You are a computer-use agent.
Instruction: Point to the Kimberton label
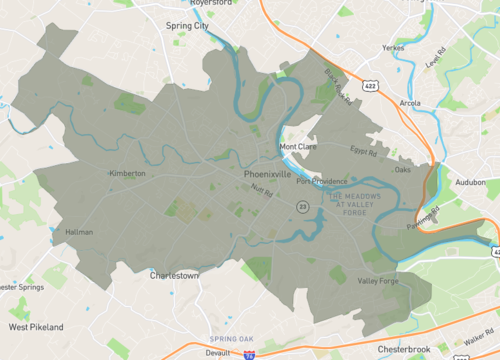coord(127,173)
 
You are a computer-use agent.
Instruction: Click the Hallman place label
coord(79,232)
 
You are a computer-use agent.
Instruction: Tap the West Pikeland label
coord(36,327)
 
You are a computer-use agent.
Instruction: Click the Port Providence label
coord(316,181)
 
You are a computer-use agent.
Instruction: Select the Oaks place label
coord(403,170)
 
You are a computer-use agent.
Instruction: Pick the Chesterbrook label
coord(404,349)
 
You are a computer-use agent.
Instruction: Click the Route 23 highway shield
coord(301,205)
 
